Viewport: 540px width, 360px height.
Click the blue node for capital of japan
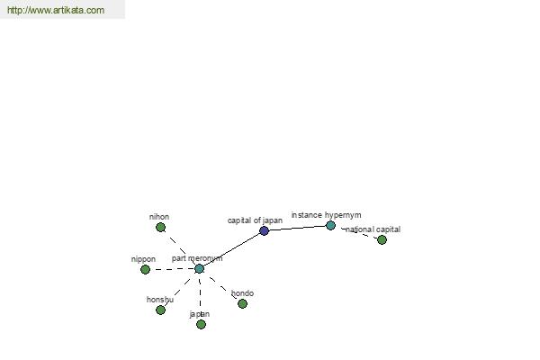pos(264,230)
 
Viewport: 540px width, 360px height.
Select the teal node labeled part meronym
pos(200,269)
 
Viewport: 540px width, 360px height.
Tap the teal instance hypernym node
pos(330,226)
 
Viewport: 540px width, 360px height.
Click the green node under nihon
pos(160,228)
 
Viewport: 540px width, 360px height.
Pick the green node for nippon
pos(145,269)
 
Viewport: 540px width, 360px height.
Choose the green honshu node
pos(160,310)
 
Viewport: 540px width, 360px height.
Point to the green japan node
pos(201,325)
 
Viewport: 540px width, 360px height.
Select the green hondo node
pos(242,304)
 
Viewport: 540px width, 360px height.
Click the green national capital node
pos(382,239)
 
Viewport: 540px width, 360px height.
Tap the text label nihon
pos(159,217)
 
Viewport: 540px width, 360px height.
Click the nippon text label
pos(143,259)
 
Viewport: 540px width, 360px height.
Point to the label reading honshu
pos(160,300)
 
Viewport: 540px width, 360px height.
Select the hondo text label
pos(242,293)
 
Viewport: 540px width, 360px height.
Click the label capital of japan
pos(255,220)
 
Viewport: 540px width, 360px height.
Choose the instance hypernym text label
pos(326,215)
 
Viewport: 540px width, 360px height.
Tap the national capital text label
pos(373,229)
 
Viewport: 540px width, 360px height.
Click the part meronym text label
pos(197,258)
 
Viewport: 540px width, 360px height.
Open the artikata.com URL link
pos(56,10)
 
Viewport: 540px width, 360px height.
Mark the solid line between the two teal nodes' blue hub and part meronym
pos(232,250)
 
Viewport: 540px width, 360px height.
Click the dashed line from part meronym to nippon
pos(173,269)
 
